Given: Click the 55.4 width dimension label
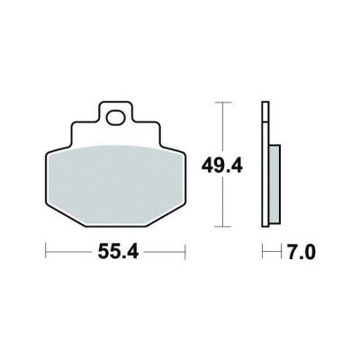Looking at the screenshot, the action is (118, 252).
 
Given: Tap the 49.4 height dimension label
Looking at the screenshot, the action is (221, 166).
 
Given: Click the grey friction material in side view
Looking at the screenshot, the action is (274, 184).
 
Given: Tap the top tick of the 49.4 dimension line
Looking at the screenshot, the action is (222, 103).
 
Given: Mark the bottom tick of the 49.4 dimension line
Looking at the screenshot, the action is (222, 227).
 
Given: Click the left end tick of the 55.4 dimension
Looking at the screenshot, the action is (46, 251).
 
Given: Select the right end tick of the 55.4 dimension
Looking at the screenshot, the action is (185, 251).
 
